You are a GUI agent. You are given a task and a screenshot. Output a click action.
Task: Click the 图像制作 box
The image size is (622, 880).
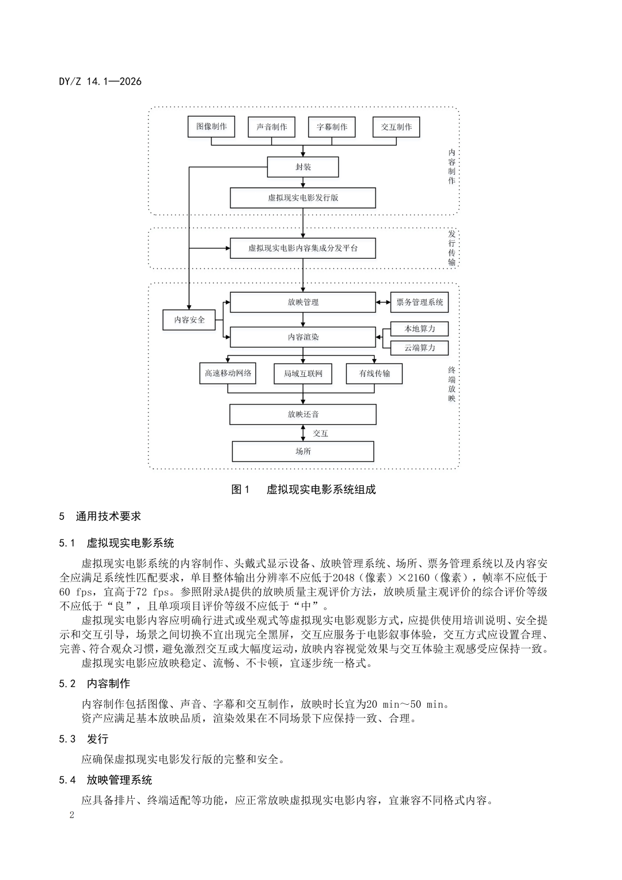[x=211, y=127]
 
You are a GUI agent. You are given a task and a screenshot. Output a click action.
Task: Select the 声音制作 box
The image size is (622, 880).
[x=271, y=127]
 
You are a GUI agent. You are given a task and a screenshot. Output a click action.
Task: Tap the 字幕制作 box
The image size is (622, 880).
[x=332, y=127]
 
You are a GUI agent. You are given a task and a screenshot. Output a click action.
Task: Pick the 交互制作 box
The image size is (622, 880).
[x=396, y=127]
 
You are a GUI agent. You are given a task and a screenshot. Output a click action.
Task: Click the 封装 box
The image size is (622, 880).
[x=303, y=167]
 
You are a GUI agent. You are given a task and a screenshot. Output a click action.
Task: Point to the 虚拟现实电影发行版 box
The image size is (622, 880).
[x=303, y=198]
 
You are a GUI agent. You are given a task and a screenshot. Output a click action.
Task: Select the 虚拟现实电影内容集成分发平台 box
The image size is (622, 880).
[x=303, y=248]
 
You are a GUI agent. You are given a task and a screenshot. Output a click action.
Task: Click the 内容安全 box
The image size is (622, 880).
[x=189, y=320]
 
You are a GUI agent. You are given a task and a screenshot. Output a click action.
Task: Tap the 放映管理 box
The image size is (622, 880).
[x=303, y=302]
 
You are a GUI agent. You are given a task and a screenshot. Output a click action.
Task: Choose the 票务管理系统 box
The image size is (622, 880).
[x=420, y=302]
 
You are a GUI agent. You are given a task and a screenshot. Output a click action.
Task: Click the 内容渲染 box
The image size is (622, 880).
[x=303, y=337]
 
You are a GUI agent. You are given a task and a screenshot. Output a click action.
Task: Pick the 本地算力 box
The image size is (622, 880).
[x=420, y=328]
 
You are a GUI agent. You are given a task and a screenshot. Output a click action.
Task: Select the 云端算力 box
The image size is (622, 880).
[x=420, y=348]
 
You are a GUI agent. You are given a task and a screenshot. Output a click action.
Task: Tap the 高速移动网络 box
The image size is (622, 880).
[x=228, y=373]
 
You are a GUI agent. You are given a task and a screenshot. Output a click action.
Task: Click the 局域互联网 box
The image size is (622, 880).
[x=303, y=373]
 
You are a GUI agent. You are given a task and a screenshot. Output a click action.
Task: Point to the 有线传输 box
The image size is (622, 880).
[x=374, y=373]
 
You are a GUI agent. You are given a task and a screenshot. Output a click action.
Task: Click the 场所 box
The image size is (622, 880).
[x=303, y=451]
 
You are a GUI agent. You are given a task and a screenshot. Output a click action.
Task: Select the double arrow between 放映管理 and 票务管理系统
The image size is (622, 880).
[x=383, y=302]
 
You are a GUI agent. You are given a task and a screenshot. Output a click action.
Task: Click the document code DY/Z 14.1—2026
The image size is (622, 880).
[x=100, y=81]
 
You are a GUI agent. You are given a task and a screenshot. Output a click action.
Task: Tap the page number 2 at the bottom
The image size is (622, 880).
[x=71, y=815]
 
